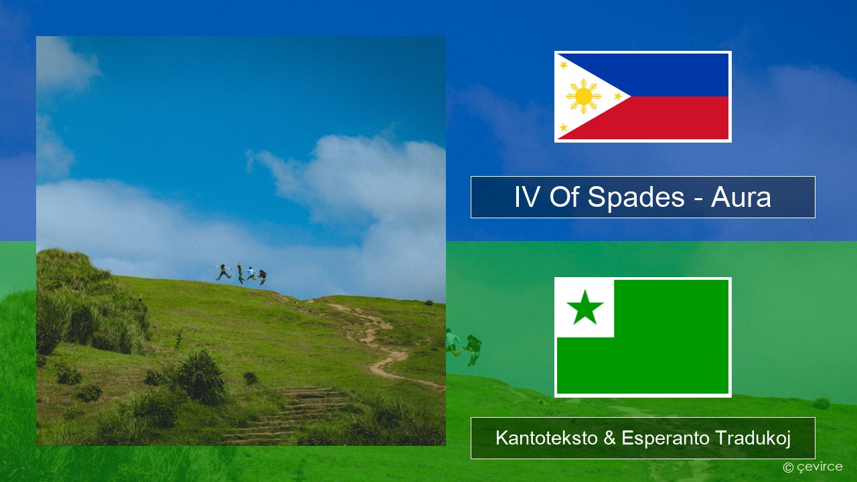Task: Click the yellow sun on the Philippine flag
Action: [583, 96]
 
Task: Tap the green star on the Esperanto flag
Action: [585, 308]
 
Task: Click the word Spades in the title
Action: [636, 197]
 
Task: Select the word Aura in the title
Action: [741, 197]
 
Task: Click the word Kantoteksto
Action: [547, 438]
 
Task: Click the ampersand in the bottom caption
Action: [610, 438]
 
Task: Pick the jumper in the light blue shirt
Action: [251, 274]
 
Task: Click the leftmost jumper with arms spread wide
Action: [223, 272]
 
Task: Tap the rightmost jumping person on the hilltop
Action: [262, 277]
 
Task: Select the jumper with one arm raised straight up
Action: [240, 273]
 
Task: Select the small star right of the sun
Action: [618, 96]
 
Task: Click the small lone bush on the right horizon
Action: [428, 303]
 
